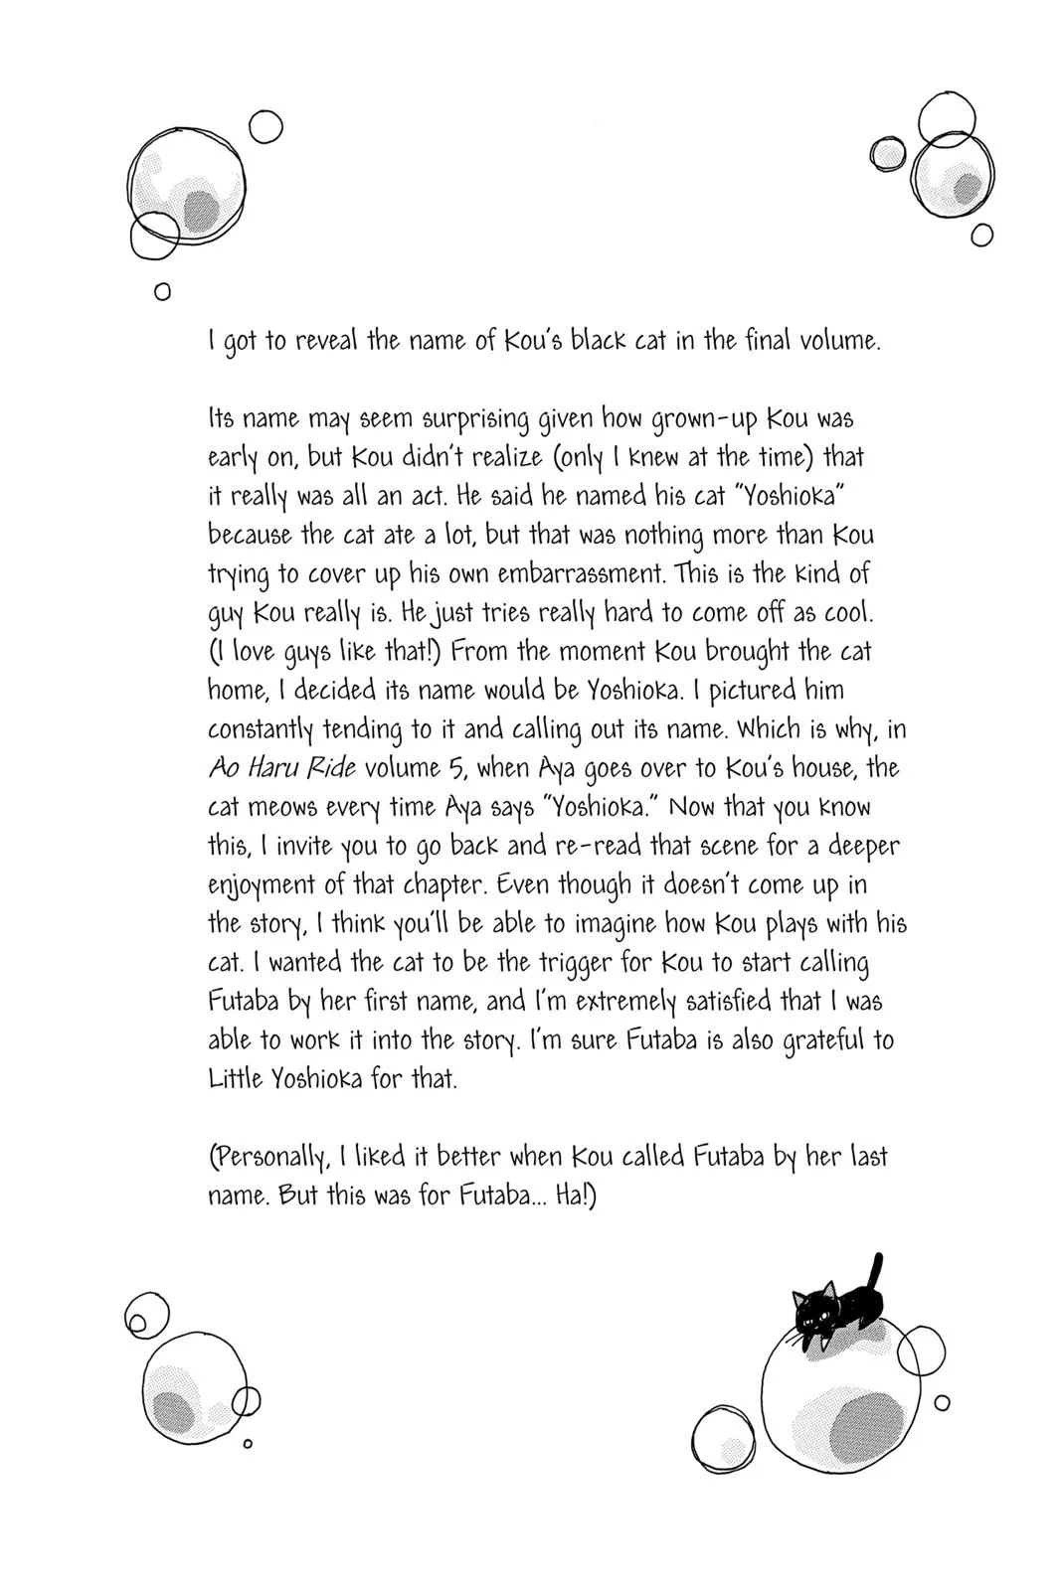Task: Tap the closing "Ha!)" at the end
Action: pyautogui.click(x=576, y=1195)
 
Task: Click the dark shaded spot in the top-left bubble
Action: pyautogui.click(x=201, y=210)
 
